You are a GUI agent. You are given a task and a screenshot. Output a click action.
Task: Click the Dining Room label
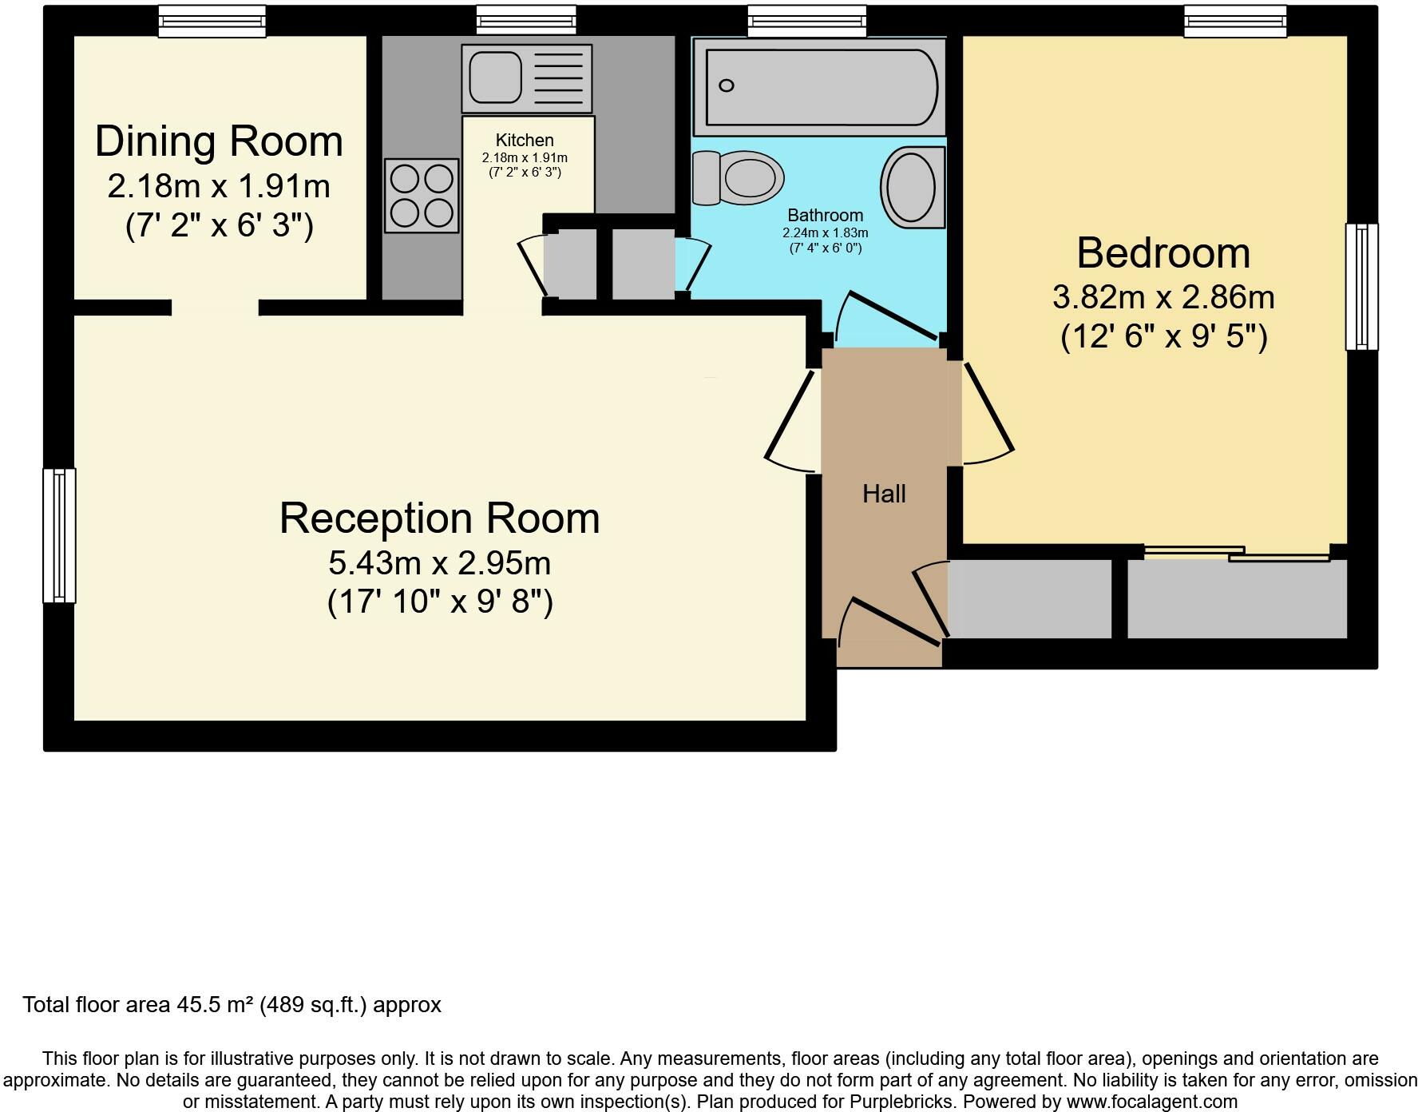(219, 142)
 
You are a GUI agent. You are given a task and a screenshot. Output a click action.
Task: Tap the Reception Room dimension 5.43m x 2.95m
(439, 563)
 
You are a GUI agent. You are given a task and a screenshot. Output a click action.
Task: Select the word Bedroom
(1163, 253)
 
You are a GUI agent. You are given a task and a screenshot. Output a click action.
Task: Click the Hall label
(884, 494)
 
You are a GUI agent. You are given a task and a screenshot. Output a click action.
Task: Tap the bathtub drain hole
(726, 85)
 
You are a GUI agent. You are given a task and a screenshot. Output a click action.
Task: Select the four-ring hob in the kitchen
(422, 196)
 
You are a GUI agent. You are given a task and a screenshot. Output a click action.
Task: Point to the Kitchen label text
(525, 141)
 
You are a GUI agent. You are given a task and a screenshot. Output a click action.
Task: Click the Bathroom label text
(825, 215)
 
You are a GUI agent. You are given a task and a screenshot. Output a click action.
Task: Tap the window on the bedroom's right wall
(1361, 286)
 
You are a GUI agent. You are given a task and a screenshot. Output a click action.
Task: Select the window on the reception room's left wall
(59, 534)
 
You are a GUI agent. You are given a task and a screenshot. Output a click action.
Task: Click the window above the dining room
(212, 21)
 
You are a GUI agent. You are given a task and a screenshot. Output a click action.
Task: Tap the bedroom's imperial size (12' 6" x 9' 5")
(1163, 336)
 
